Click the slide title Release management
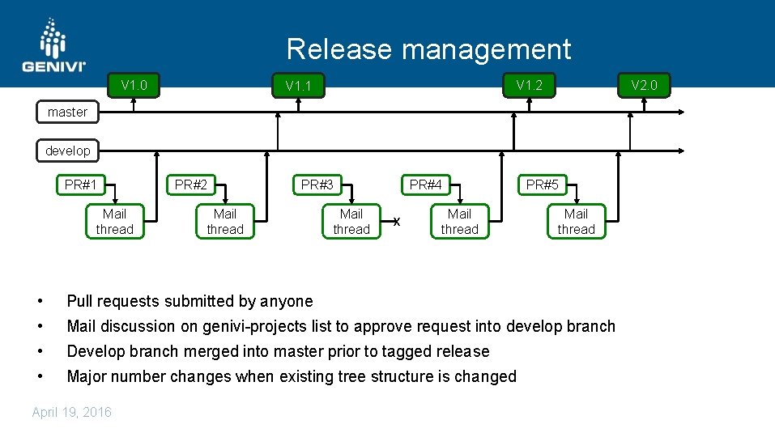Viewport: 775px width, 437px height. (x=428, y=49)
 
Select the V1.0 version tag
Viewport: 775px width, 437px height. (x=134, y=85)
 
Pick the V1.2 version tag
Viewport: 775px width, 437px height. (x=529, y=85)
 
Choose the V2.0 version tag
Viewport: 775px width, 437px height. (x=645, y=85)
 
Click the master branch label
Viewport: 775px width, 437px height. (x=67, y=112)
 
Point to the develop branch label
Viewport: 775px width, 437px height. (x=67, y=151)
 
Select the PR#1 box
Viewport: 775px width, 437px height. (x=81, y=185)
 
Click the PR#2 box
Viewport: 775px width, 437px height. (x=190, y=185)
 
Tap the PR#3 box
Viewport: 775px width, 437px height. (x=317, y=185)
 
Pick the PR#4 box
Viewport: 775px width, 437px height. (x=425, y=185)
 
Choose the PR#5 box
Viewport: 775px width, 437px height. (x=542, y=185)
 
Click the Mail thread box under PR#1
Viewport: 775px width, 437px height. (x=114, y=222)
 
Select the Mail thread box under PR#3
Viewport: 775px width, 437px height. (x=351, y=222)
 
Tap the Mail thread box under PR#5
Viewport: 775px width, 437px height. (x=576, y=222)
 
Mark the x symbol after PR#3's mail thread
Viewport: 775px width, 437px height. (x=396, y=222)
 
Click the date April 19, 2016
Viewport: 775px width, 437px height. (x=72, y=412)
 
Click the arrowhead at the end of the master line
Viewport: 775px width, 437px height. (x=682, y=112)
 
